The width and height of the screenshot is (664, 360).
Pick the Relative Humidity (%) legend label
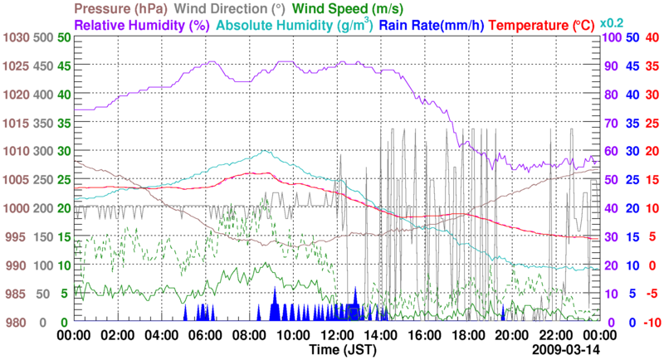(142, 25)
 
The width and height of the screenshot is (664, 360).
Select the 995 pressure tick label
(17, 237)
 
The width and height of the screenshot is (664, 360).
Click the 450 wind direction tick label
(45, 66)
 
